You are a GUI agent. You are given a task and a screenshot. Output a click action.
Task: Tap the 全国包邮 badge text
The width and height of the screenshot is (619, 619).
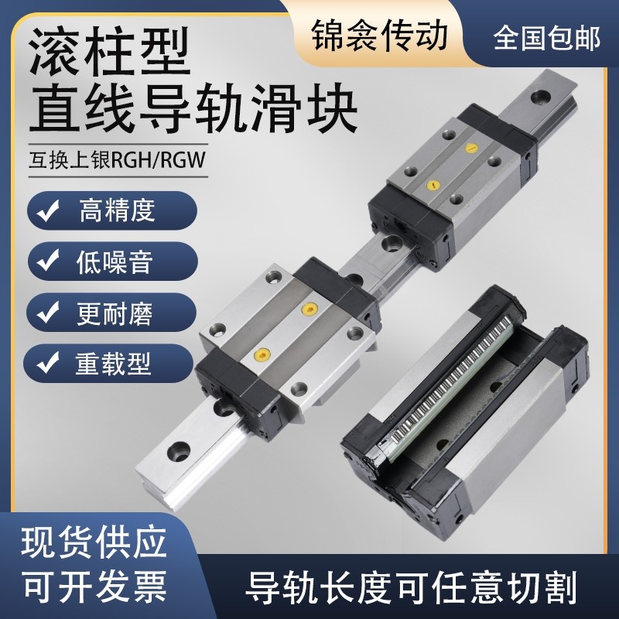[x=546, y=36]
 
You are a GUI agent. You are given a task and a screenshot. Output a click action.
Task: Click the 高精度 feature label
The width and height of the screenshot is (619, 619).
[x=116, y=210]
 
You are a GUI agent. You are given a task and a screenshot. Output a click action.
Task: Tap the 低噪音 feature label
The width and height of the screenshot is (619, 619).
[x=116, y=262]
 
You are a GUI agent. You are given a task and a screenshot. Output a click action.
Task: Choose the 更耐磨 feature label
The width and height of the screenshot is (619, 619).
[x=116, y=313]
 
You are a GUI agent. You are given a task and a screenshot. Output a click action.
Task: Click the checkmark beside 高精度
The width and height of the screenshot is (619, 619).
[x=49, y=211]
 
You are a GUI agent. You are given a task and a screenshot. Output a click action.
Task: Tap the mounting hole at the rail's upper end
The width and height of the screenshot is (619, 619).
[x=537, y=97]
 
